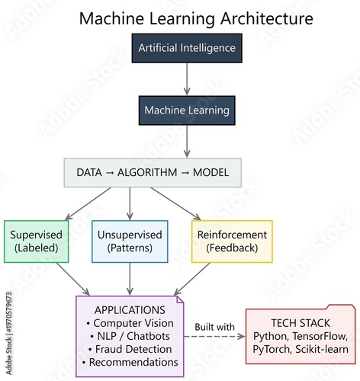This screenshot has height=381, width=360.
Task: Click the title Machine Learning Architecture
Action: click(x=185, y=17)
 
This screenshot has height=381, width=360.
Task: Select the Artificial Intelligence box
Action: click(x=187, y=48)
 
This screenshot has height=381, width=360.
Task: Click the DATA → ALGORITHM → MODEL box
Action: click(x=152, y=172)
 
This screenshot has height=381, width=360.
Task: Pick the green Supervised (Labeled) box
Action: click(x=36, y=241)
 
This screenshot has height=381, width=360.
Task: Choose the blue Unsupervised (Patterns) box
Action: click(x=130, y=241)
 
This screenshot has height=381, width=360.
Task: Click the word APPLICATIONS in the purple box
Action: click(x=130, y=310)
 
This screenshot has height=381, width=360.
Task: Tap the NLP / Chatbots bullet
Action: click(x=130, y=336)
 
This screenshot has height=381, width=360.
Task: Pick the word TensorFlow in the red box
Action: click(x=319, y=336)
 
